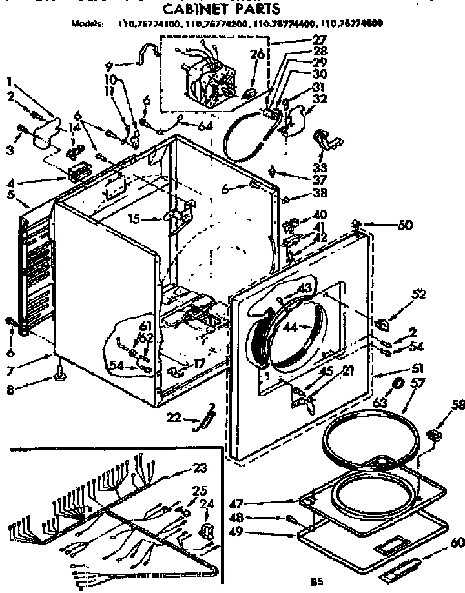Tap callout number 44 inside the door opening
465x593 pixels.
(289, 327)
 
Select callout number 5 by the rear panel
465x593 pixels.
(10, 194)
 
